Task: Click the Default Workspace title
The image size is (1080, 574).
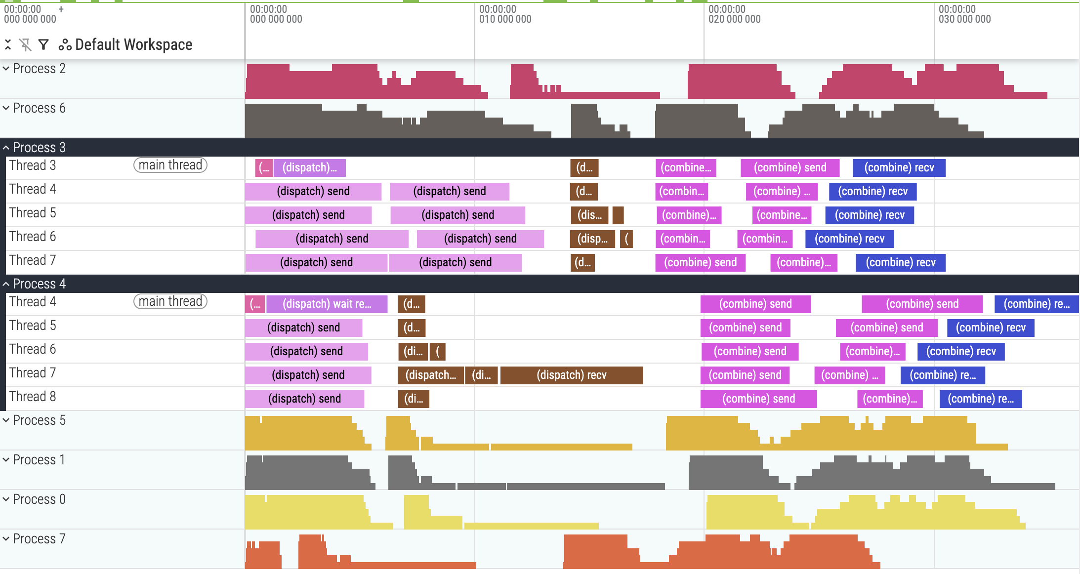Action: click(x=133, y=44)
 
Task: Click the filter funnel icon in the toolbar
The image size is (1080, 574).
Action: click(x=43, y=45)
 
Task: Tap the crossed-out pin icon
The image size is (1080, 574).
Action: click(x=25, y=45)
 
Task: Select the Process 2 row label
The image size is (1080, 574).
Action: click(x=39, y=69)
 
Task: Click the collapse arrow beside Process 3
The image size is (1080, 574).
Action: click(x=6, y=148)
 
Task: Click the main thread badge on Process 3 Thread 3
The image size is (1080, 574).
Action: click(x=170, y=165)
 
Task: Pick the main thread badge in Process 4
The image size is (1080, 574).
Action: click(x=170, y=301)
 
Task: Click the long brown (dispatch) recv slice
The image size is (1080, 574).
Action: click(x=572, y=375)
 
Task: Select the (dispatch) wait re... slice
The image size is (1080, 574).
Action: click(x=327, y=304)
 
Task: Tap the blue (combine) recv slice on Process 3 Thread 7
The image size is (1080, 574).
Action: click(x=901, y=262)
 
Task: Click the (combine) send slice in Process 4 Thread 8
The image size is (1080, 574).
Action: click(x=758, y=399)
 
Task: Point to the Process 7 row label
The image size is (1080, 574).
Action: click(x=39, y=539)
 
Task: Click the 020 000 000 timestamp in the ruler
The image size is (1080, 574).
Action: click(x=734, y=19)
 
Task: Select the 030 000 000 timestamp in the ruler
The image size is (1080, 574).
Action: click(x=964, y=19)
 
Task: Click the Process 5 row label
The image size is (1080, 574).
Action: click(x=39, y=420)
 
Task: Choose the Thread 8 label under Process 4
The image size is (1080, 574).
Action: click(x=33, y=397)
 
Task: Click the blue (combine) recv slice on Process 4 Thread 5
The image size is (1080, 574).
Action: click(x=991, y=328)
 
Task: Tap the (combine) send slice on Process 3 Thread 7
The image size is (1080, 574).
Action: click(x=700, y=262)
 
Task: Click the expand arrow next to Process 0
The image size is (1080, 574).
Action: click(x=6, y=499)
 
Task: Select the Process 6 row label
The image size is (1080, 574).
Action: click(x=39, y=108)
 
